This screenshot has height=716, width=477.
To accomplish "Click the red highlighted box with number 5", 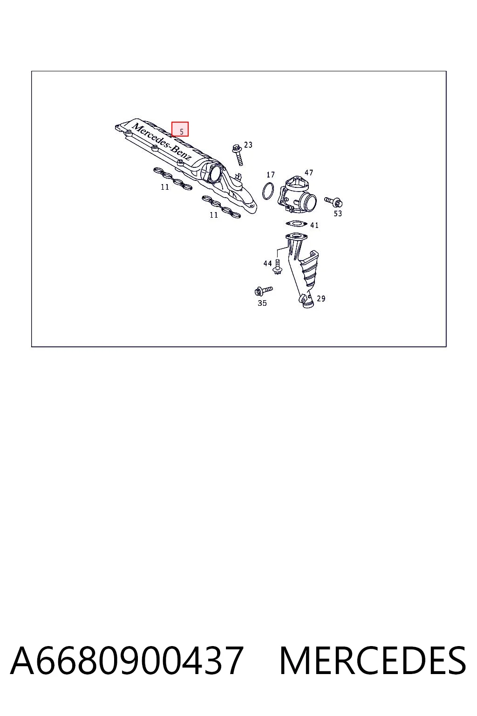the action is coord(180,129).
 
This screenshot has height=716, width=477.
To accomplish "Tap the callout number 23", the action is coord(248,145).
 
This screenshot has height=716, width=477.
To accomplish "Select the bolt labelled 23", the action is coord(238,155).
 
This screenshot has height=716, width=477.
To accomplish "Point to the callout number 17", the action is coord(271,174).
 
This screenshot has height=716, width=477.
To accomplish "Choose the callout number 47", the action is coord(309,172).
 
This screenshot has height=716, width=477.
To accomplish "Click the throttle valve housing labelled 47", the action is coord(297,195).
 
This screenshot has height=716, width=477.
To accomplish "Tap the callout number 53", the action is coord(338,213).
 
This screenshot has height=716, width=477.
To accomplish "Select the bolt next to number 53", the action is coord(334,202).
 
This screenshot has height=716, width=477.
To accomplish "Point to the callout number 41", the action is coord(314,225).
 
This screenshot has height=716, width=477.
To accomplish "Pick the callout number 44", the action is coord(267,263).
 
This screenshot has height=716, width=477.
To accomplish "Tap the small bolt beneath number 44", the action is coord(277,267).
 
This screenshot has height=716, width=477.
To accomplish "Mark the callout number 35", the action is coord(262,303).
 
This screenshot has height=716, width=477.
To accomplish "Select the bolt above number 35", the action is coord(263,290).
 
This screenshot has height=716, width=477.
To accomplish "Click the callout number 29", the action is coord(321,298).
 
